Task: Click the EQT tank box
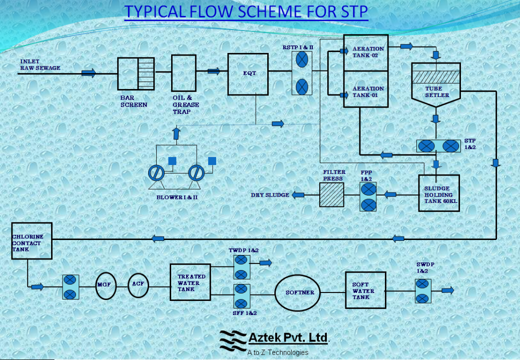248,73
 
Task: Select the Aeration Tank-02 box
366,52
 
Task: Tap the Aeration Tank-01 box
366,89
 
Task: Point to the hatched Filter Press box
332,194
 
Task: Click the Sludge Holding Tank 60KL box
438,192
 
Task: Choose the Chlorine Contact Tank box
32,240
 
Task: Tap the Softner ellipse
299,292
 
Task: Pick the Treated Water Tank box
190,282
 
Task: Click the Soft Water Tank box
365,290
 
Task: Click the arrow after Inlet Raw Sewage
89,73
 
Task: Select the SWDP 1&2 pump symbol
422,290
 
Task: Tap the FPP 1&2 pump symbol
368,196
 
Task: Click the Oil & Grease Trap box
184,73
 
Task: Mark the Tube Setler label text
423,92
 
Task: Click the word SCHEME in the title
268,11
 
